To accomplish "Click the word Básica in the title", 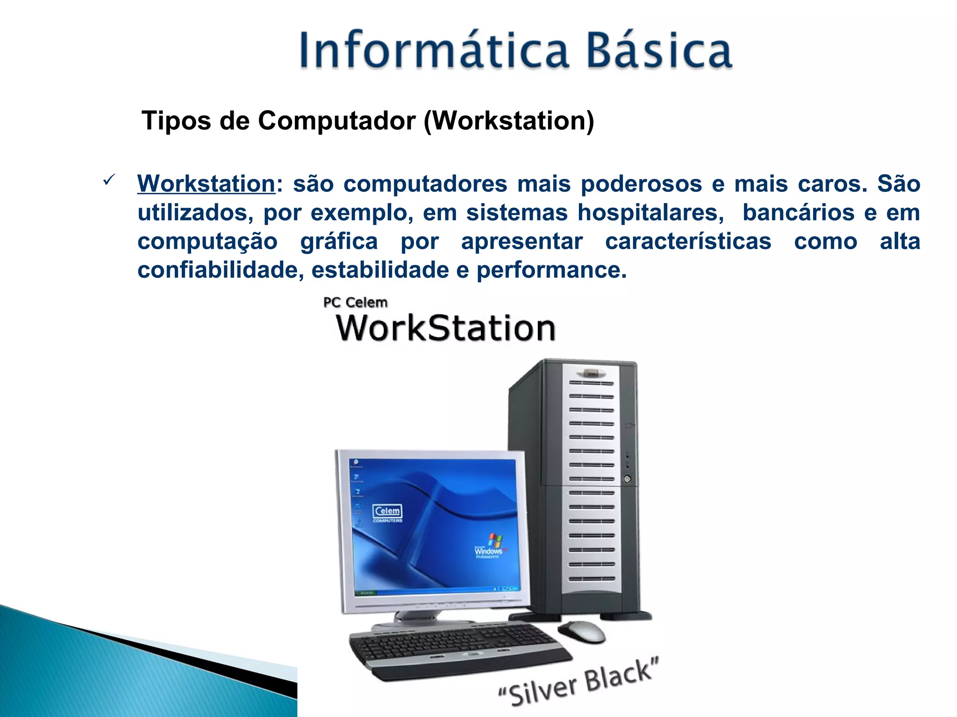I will (659, 50).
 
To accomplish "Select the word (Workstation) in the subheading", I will (509, 121).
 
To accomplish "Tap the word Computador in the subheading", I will (336, 121).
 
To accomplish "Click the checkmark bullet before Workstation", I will (108, 180).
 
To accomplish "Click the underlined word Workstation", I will (206, 183).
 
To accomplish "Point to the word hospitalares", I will (650, 213).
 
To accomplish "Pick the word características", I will (688, 242).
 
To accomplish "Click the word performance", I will (551, 270).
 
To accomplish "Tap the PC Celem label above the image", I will (355, 302).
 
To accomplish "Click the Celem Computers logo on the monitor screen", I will (387, 513).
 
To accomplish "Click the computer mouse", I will (582, 632).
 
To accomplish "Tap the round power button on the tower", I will (627, 479).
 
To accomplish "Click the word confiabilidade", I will (220, 270).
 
